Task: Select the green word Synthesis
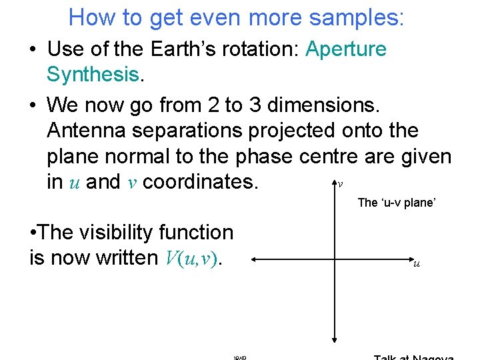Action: point(93,75)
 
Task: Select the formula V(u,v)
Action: point(191,259)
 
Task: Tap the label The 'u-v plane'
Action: point(396,203)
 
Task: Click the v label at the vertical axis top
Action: point(341,183)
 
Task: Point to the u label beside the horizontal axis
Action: point(417,264)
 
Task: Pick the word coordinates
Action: point(200,182)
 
